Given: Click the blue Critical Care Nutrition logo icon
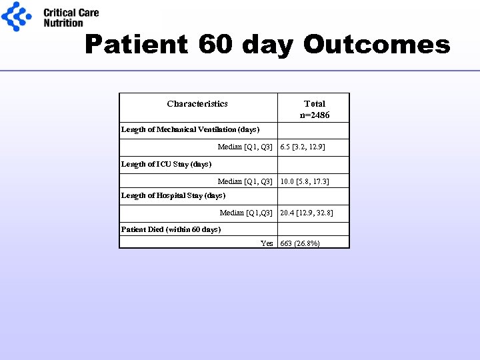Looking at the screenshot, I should (x=17, y=16).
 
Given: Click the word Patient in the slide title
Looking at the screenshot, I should (x=137, y=45).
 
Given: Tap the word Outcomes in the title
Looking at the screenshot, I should (x=377, y=45).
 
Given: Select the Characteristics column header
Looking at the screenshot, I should (x=197, y=103).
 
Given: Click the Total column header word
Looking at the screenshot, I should (x=315, y=103).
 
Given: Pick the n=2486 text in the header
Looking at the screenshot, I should (x=315, y=115).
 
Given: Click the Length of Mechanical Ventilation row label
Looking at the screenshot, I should (x=190, y=129).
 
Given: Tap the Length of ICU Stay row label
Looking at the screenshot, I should (x=166, y=164).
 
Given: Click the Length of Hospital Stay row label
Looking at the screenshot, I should (x=173, y=195).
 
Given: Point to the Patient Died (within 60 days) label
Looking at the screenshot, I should (x=171, y=229).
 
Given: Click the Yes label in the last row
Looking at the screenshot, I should (x=267, y=243).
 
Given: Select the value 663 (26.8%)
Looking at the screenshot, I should (x=300, y=243).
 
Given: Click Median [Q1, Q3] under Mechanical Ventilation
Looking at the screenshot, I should (x=245, y=147).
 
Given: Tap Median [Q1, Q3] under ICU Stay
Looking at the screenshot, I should (x=245, y=181).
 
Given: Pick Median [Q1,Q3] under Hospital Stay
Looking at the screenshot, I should (x=246, y=213).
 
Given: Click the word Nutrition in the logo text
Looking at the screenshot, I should (x=63, y=23).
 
